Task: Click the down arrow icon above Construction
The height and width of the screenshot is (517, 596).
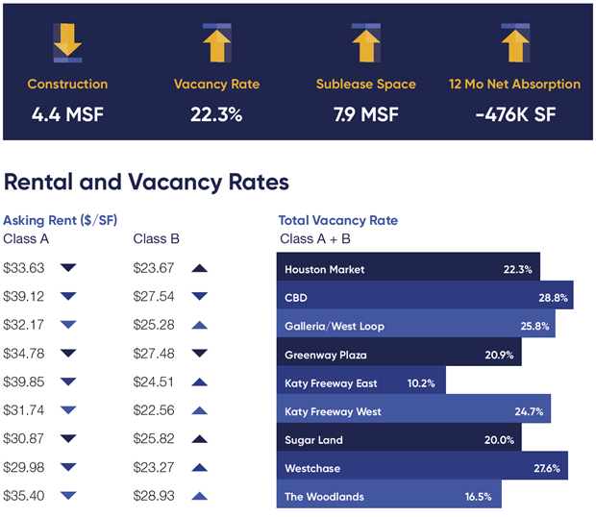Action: coord(67,40)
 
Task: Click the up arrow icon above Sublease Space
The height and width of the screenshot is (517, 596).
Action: coord(365,40)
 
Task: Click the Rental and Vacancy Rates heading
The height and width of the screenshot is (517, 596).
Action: coord(146,182)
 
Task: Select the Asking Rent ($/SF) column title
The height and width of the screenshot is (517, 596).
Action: coord(61,220)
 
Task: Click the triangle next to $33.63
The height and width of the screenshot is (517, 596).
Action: coord(68,269)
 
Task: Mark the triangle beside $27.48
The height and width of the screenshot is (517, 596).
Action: coord(199,355)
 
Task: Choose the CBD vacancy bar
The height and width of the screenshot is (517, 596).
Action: coord(424,298)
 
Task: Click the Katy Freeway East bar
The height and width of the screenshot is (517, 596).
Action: coord(360,383)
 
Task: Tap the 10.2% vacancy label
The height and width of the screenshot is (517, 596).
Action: coord(421,383)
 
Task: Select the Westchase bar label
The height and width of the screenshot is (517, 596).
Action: coord(311,470)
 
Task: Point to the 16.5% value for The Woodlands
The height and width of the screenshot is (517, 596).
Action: coord(478,498)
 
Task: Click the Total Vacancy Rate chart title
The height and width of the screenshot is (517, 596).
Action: coord(337,220)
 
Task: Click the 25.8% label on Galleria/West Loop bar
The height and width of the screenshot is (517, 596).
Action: coord(535,327)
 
